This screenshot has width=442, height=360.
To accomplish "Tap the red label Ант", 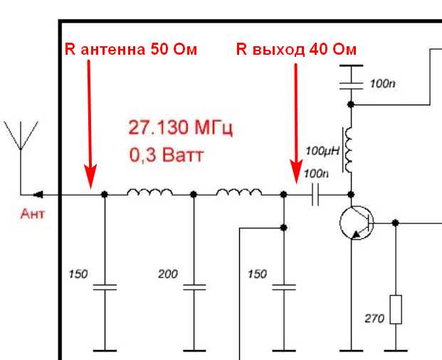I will tap(31, 213).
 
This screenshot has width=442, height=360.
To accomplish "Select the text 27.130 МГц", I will tap(181, 128).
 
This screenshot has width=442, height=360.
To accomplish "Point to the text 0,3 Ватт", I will tap(165, 154).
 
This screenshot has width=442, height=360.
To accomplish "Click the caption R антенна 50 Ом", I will tap(130, 49).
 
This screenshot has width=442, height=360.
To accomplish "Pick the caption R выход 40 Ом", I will tap(296, 49).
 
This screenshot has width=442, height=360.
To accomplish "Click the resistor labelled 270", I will tap(395, 311).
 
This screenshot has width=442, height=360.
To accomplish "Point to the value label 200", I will tap(168, 273).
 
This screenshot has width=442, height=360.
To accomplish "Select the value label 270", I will tap(374, 319).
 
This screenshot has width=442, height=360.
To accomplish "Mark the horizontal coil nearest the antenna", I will tap(149, 192).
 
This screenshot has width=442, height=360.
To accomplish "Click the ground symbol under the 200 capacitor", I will tap(194, 350).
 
